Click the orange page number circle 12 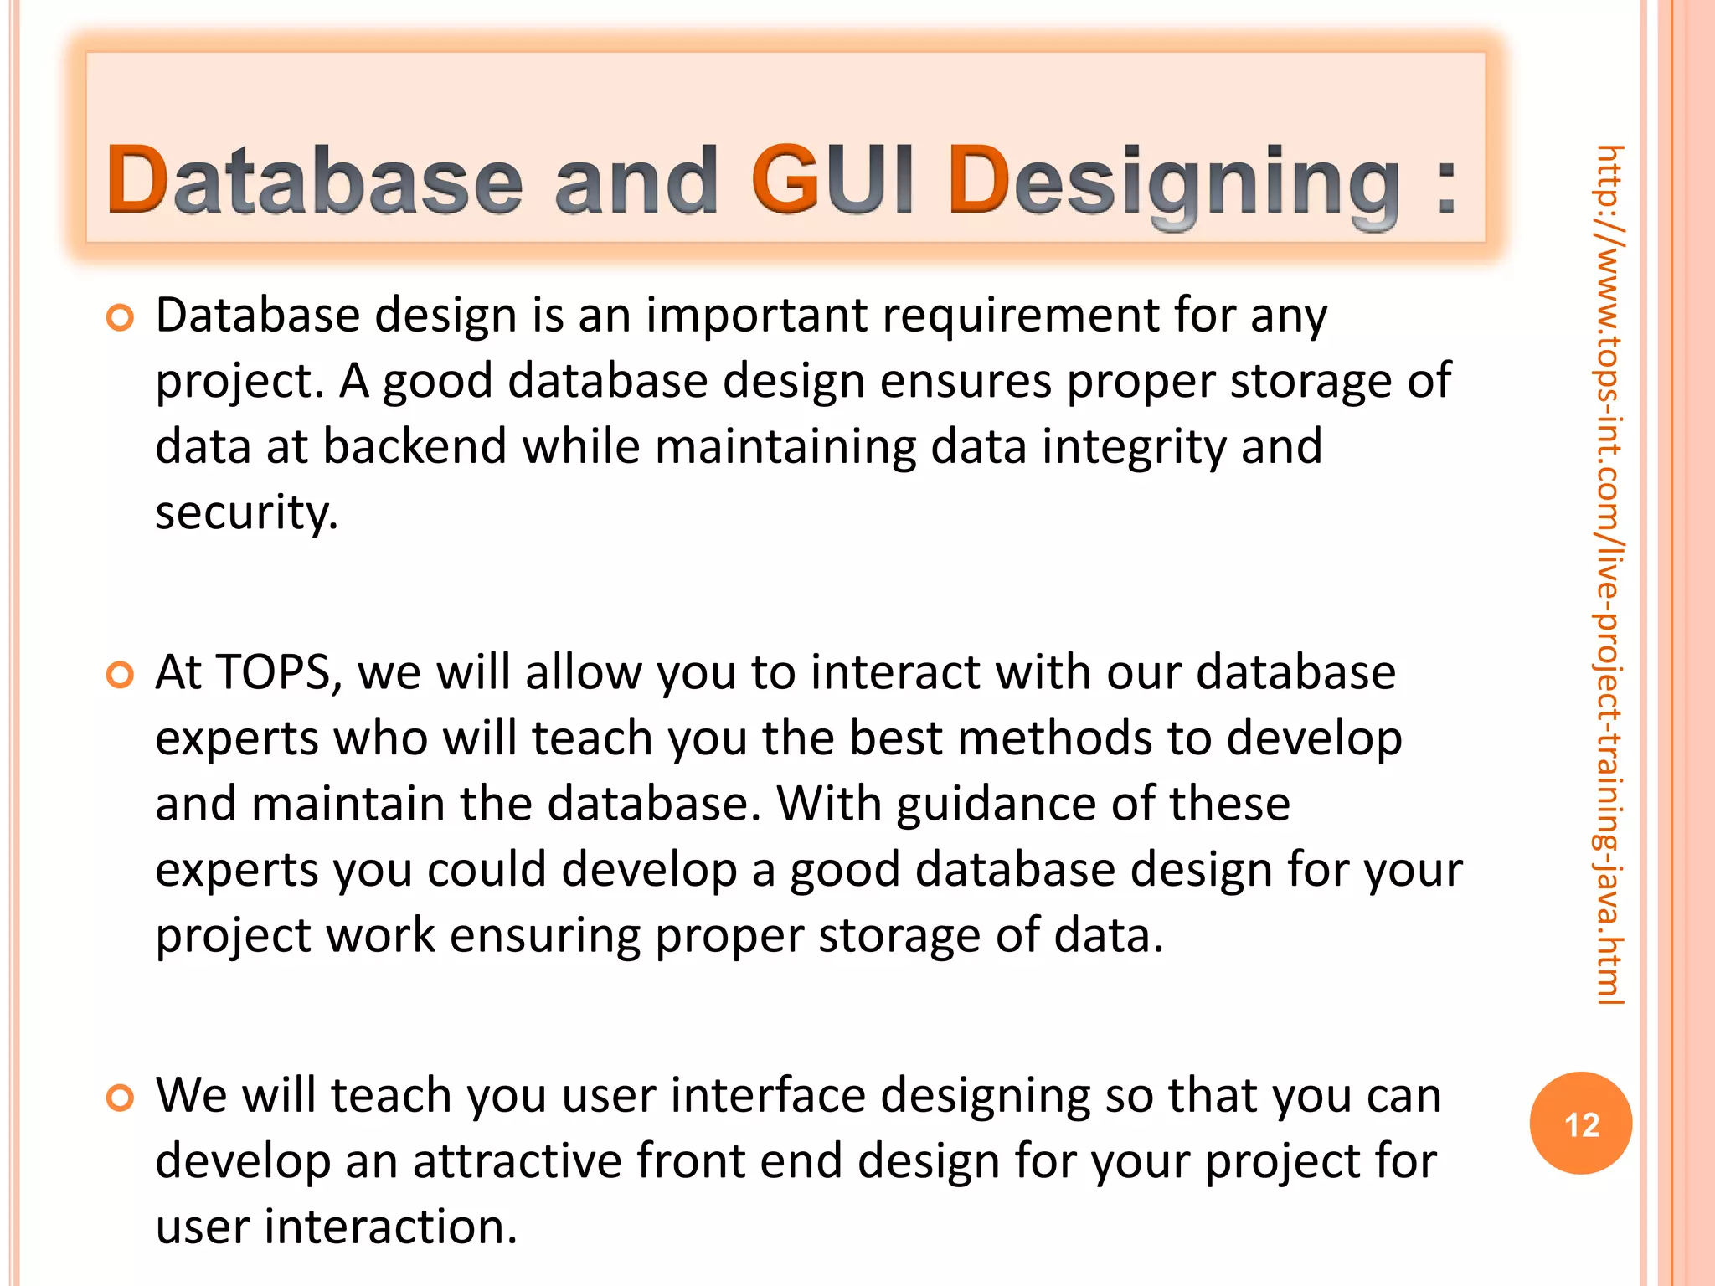point(1580,1123)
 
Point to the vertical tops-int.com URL point(1609,574)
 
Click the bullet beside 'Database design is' point(121,318)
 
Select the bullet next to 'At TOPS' point(121,675)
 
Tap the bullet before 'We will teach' point(121,1098)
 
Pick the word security point(246,513)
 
